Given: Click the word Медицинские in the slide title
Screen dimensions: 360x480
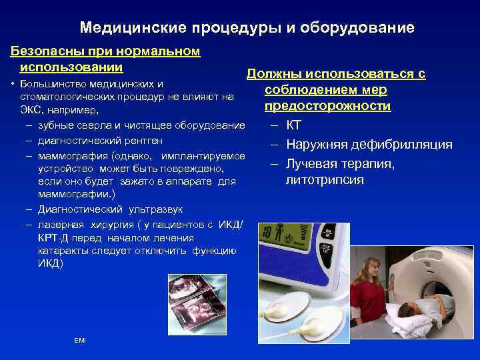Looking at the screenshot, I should [x=133, y=28].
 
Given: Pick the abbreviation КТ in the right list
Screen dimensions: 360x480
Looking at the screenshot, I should [x=294, y=125].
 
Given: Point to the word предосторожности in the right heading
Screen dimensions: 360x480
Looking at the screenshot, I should [x=327, y=106].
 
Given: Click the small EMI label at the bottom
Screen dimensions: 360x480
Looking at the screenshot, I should [x=80, y=341].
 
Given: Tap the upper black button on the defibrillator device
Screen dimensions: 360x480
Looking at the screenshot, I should [x=328, y=233].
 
